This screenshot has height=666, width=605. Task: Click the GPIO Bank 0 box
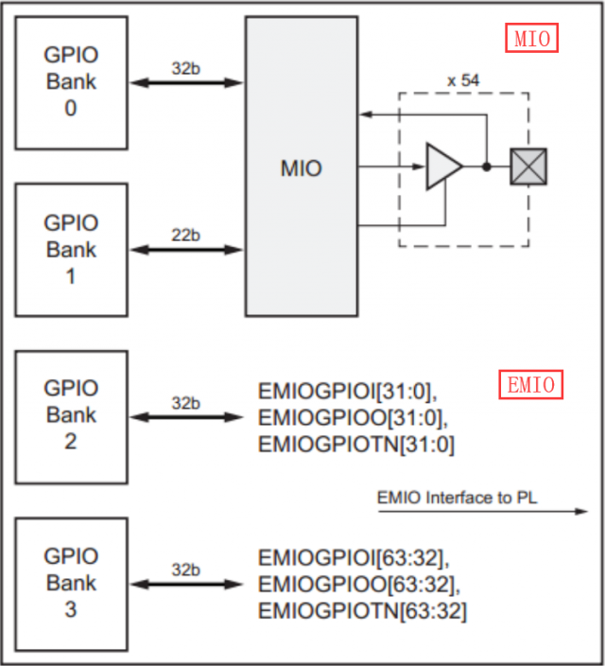(71, 82)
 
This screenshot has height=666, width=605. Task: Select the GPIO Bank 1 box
(71, 250)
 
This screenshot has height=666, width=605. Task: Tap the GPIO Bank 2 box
(71, 414)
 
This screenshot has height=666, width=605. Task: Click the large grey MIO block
(301, 168)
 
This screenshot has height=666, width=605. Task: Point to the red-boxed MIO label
(530, 39)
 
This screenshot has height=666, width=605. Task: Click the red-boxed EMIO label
(530, 385)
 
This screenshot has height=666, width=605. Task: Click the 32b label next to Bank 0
(185, 69)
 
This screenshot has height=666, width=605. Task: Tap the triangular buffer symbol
(442, 166)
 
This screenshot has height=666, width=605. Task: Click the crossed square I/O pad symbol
(527, 166)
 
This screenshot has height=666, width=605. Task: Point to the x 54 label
(463, 80)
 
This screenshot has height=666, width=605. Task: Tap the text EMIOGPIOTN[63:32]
(361, 611)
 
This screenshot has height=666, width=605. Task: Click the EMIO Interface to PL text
(457, 498)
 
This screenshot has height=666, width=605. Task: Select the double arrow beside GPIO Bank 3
(185, 583)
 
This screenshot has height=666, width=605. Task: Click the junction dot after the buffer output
(486, 166)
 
